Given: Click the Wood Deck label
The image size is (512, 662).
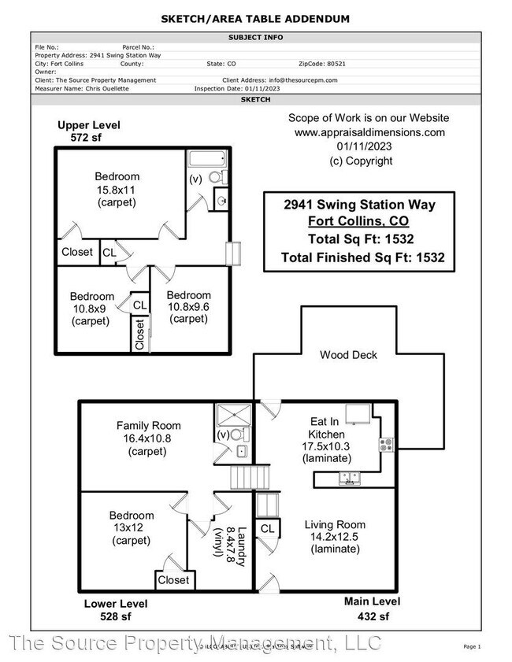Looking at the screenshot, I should click(x=348, y=355).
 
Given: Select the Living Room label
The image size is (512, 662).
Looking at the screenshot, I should click(x=335, y=524).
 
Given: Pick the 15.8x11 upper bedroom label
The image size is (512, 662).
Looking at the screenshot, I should click(x=117, y=190).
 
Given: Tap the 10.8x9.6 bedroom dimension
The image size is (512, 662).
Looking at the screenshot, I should click(x=189, y=307).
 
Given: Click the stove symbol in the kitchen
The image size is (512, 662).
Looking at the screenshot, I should click(x=387, y=444).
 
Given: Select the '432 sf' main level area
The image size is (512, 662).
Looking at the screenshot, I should click(x=372, y=616).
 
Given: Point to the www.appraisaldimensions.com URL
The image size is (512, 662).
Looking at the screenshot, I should click(x=370, y=132).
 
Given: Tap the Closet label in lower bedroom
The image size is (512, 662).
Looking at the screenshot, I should click(x=173, y=580).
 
